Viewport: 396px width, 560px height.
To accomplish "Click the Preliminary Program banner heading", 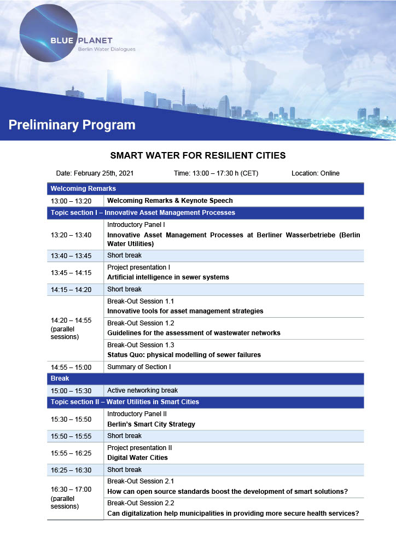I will tap(72, 125).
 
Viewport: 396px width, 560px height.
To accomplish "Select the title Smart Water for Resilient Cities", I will tap(198, 155).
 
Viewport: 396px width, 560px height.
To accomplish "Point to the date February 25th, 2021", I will tap(95, 173).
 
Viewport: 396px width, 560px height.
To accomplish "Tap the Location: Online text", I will tap(316, 173).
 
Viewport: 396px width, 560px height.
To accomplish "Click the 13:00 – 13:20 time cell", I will tap(71, 201).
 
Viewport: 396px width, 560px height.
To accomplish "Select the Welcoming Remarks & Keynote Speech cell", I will tap(170, 201).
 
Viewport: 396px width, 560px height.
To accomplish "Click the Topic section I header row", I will tap(143, 213).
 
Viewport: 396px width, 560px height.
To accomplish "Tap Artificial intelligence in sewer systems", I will tap(168, 277).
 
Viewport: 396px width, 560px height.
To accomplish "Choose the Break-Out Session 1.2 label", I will tap(141, 323).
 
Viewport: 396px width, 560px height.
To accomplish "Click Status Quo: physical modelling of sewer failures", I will tap(184, 355).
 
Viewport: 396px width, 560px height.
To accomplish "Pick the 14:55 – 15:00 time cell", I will tap(71, 367).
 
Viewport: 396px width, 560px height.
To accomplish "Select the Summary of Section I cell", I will tap(139, 367).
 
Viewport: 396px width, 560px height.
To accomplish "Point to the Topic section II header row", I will tap(125, 402).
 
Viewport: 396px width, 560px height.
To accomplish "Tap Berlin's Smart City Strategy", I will tap(151, 424).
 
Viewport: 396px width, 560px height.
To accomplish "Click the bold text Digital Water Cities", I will tap(137, 458).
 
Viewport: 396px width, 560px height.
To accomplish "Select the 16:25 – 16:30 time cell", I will tap(71, 470).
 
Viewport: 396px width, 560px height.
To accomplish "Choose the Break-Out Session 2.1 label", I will tap(141, 481).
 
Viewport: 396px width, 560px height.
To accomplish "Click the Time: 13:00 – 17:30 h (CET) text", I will tap(216, 173).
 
